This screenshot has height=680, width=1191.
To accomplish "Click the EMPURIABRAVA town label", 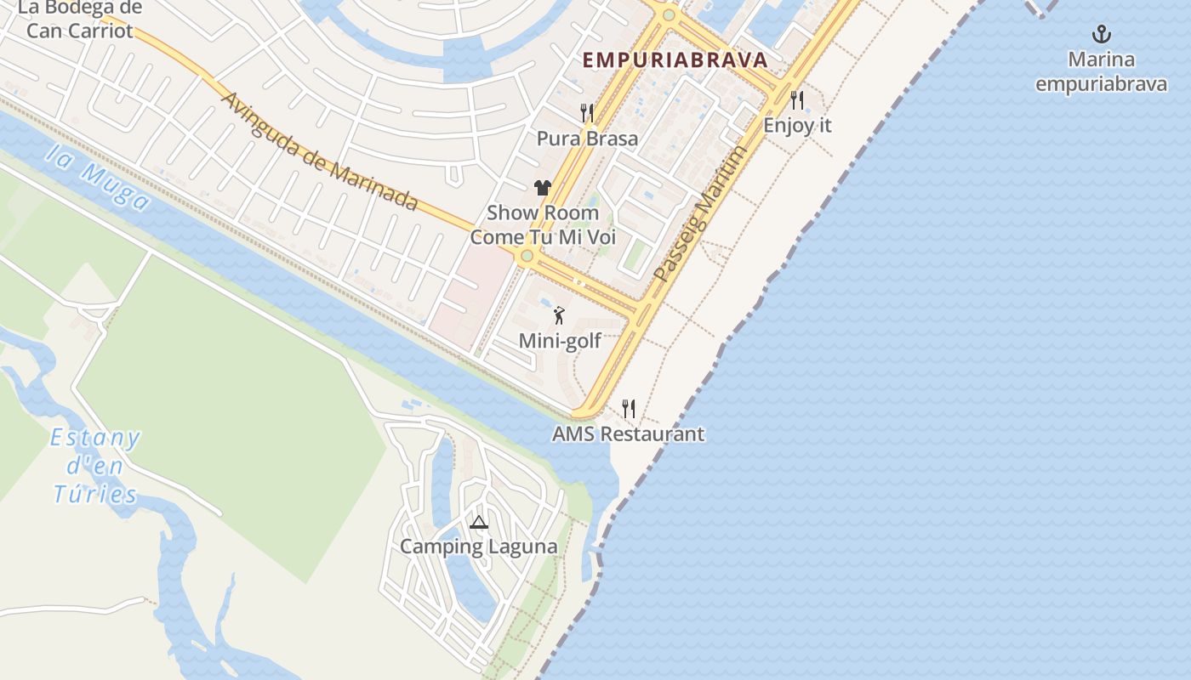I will pyautogui.click(x=675, y=59).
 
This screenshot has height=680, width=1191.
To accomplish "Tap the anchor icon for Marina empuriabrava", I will pyautogui.click(x=1102, y=35).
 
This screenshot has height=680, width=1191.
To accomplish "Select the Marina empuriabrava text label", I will pyautogui.click(x=1102, y=72).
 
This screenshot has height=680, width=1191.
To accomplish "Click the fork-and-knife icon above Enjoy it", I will pyautogui.click(x=797, y=100).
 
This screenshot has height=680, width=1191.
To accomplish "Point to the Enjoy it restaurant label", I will pyautogui.click(x=797, y=125).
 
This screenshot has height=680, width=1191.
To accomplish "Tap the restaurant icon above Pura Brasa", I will pyautogui.click(x=587, y=112).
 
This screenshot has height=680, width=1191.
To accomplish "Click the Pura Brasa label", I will pyautogui.click(x=587, y=138).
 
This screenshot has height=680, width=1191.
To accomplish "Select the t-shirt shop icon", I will pyautogui.click(x=543, y=188).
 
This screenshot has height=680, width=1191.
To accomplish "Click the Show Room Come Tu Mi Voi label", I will pyautogui.click(x=543, y=224).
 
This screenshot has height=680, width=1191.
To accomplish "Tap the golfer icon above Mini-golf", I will pyautogui.click(x=559, y=316).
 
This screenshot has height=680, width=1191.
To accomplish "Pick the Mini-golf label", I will pyautogui.click(x=560, y=341).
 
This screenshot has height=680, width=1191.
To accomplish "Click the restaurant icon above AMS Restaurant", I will pyautogui.click(x=629, y=409).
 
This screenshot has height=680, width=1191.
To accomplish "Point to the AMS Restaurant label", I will pyautogui.click(x=628, y=433).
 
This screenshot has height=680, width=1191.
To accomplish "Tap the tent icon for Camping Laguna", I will pyautogui.click(x=479, y=522).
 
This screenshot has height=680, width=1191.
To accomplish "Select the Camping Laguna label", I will pyautogui.click(x=479, y=547).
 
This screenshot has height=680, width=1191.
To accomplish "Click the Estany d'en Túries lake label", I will pyautogui.click(x=95, y=466).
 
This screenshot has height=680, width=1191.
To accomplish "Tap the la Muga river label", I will pyautogui.click(x=98, y=177).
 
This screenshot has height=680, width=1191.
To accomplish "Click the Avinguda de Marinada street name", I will pyautogui.click(x=319, y=150).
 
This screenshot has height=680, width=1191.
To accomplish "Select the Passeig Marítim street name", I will pyautogui.click(x=701, y=214).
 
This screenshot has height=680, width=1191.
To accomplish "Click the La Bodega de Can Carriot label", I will pyautogui.click(x=80, y=20).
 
